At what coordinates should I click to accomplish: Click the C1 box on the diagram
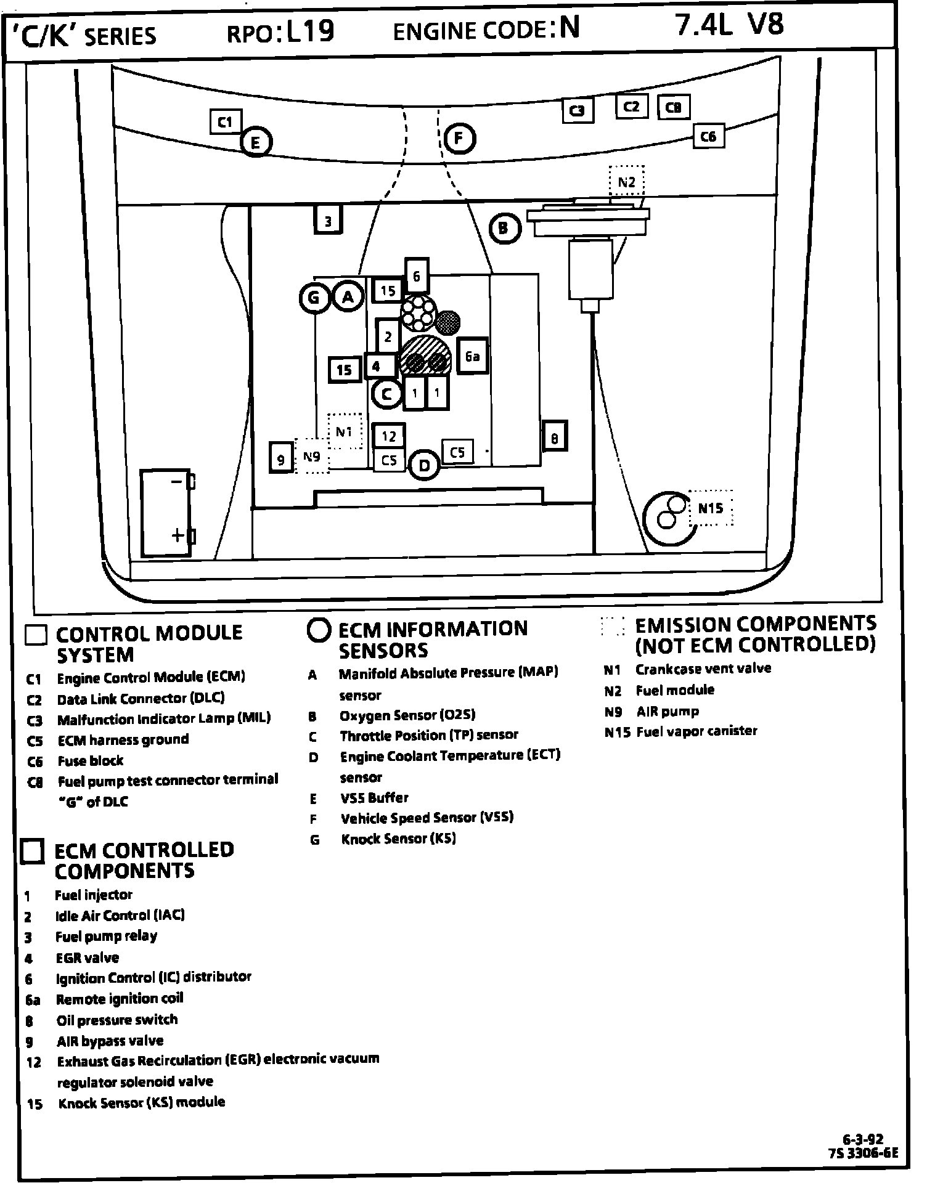226,122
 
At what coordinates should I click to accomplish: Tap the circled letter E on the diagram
255,143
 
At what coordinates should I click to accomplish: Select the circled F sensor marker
459,139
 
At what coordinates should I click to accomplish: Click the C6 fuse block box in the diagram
708,136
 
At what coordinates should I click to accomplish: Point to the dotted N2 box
626,182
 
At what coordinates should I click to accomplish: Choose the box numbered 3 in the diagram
328,221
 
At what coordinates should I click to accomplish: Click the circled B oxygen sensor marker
504,229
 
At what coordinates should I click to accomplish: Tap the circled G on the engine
314,298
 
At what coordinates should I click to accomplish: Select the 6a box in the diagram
472,356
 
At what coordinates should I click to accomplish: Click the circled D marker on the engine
424,465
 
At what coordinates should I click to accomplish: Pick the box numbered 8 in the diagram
554,438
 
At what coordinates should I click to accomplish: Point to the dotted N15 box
710,508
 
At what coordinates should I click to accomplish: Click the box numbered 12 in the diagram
389,436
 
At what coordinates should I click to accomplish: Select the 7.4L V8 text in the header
730,26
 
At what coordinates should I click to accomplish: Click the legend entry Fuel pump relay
106,937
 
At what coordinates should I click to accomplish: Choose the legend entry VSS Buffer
374,798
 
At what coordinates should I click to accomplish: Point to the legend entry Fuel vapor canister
696,731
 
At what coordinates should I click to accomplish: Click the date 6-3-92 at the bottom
863,1140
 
